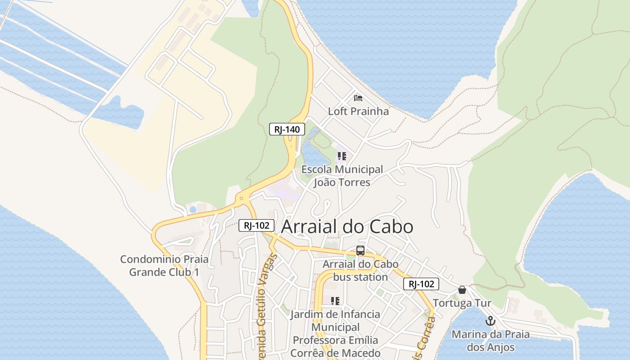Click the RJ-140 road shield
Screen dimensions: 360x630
click(287, 130)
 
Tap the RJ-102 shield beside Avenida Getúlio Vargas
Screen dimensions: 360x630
click(256, 226)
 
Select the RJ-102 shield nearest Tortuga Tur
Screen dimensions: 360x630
click(421, 284)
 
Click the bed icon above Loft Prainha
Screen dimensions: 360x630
click(358, 98)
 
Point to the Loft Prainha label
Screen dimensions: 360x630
click(358, 111)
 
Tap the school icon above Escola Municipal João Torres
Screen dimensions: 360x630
click(342, 156)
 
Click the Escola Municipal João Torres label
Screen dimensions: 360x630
click(342, 176)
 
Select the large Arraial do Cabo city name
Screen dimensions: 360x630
click(347, 226)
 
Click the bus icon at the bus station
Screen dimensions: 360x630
click(360, 251)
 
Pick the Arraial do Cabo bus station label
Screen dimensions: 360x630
click(360, 270)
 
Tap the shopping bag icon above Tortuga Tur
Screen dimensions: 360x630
click(462, 290)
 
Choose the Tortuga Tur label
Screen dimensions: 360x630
click(462, 303)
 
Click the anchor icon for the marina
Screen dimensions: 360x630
click(490, 321)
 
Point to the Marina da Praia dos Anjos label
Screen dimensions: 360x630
click(490, 341)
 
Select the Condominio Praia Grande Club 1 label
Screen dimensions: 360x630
click(164, 265)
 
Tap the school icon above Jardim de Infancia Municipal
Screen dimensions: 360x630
click(335, 301)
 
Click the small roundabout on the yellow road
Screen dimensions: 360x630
click(242, 198)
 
